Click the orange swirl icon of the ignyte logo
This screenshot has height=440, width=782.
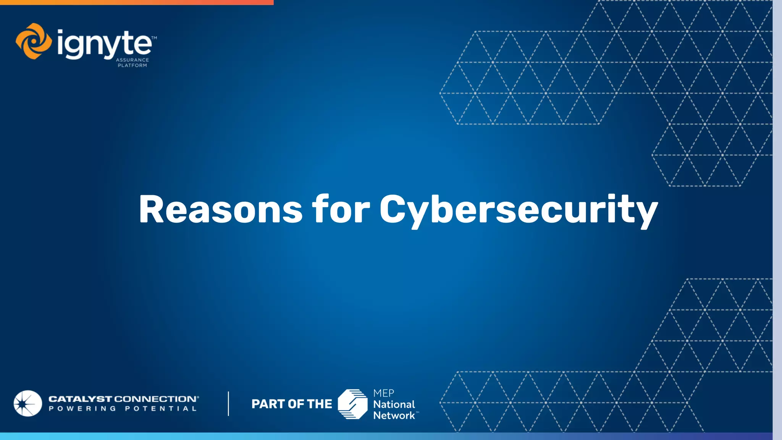(34, 41)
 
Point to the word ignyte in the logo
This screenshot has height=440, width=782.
(104, 45)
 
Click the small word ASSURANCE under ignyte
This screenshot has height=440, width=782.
(132, 60)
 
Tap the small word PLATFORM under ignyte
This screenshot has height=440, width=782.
(132, 65)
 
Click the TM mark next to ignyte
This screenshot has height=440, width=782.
(154, 38)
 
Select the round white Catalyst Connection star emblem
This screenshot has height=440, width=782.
(27, 403)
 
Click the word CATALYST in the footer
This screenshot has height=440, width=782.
(80, 399)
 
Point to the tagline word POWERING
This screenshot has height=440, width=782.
(82, 409)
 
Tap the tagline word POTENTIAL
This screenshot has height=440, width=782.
(161, 409)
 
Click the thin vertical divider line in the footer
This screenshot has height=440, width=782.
(228, 403)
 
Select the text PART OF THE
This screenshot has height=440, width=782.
(292, 404)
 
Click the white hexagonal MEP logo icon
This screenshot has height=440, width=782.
(352, 404)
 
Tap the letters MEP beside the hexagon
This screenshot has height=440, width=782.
(383, 393)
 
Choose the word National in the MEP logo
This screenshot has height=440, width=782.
(394, 404)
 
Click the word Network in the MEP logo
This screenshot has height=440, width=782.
(394, 416)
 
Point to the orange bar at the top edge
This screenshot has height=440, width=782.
(137, 2)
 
